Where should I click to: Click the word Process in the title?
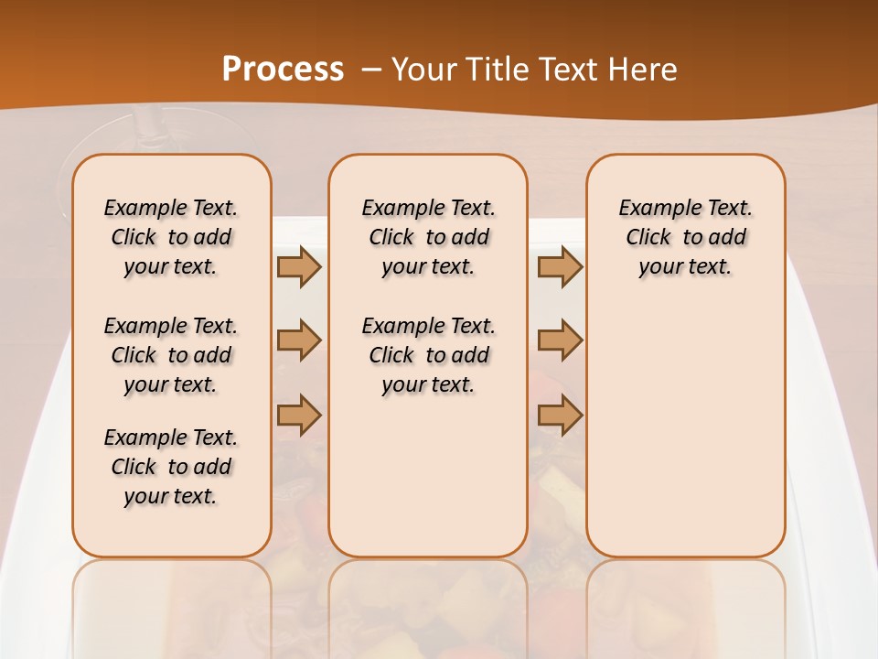coord(283,69)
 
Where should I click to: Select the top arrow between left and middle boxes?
coord(299,266)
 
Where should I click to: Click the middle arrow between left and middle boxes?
coord(299,340)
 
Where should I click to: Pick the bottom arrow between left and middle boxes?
coord(299,415)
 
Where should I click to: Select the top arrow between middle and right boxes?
coord(560,266)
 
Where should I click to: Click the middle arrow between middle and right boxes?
coord(560,340)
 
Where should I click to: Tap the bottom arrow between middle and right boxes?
coord(560,415)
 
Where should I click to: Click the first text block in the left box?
coord(171,237)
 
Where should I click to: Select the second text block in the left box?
coord(171,355)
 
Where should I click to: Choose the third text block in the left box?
coord(171,467)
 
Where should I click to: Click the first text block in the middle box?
coord(428,237)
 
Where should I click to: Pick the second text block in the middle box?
coord(428,355)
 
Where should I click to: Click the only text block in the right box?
coord(686,237)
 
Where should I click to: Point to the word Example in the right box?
coord(651,209)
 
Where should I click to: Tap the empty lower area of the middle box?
coord(428,476)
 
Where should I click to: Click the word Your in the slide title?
coord(419,70)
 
